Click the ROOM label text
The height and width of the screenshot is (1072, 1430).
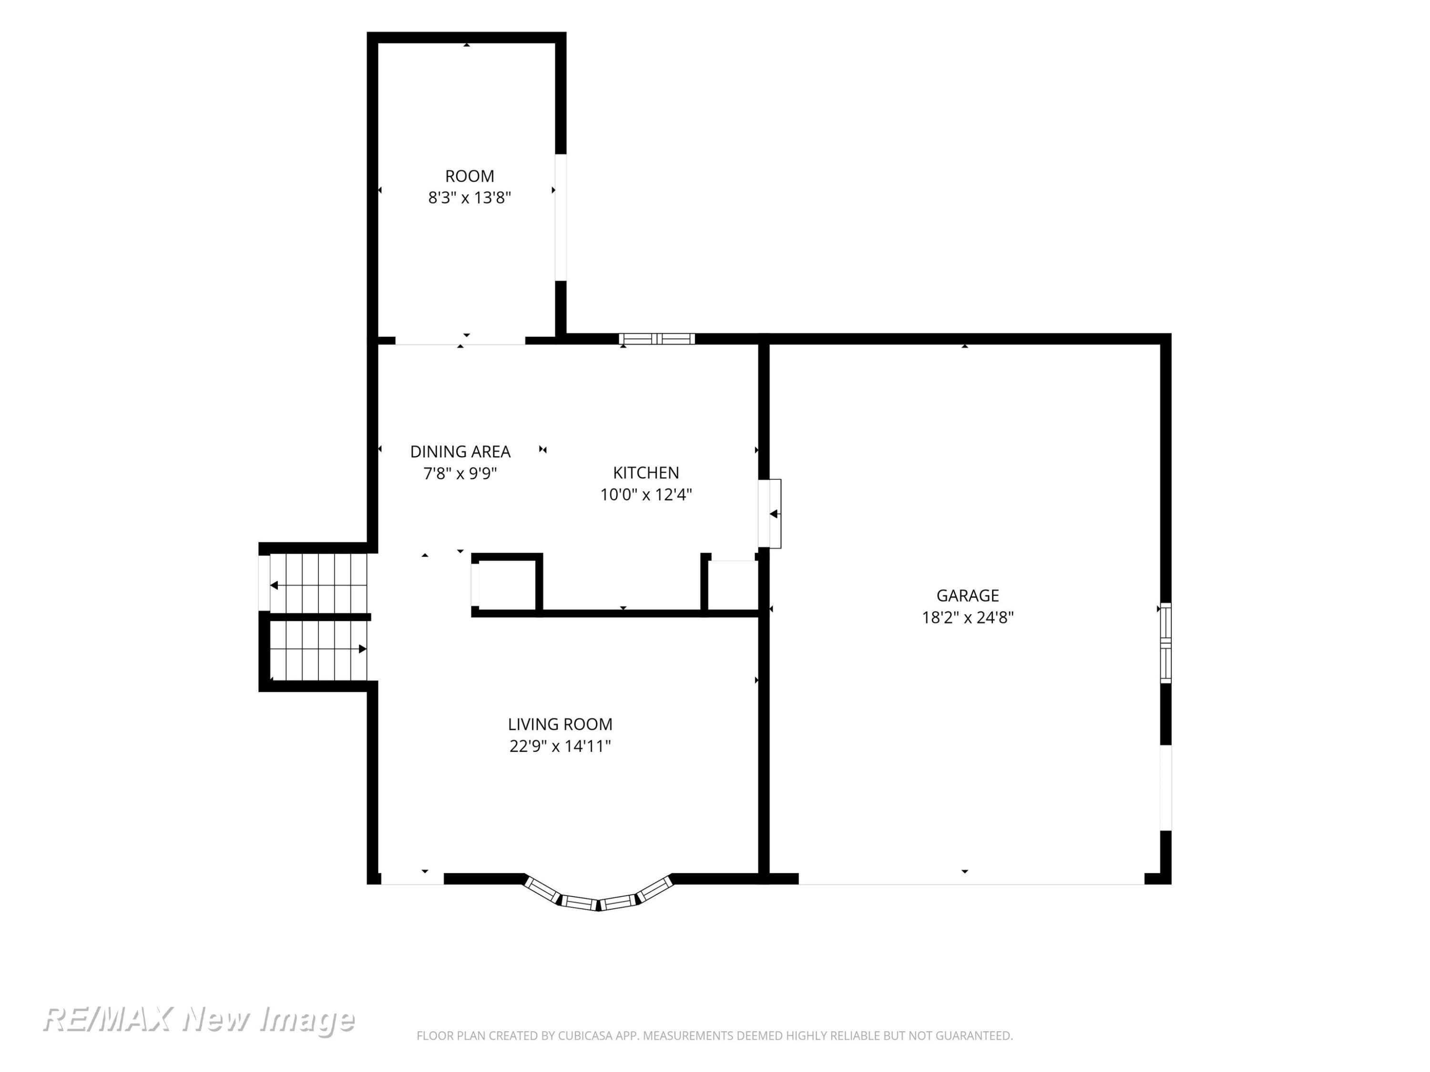[470, 176]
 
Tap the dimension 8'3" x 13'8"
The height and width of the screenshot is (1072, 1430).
[470, 198]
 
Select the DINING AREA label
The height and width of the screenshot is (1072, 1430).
[460, 452]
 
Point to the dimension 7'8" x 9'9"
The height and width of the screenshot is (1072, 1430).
[460, 474]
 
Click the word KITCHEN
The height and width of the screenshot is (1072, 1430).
[646, 473]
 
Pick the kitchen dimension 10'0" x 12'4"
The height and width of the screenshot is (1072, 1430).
[646, 495]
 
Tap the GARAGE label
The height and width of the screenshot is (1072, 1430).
[967, 596]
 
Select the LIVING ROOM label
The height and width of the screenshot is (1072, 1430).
[560, 724]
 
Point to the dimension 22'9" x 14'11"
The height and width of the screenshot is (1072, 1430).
[560, 746]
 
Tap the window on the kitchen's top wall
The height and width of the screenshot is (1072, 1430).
[657, 339]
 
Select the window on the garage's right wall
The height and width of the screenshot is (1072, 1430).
[1165, 643]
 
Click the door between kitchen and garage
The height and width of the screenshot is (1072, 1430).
[770, 514]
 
